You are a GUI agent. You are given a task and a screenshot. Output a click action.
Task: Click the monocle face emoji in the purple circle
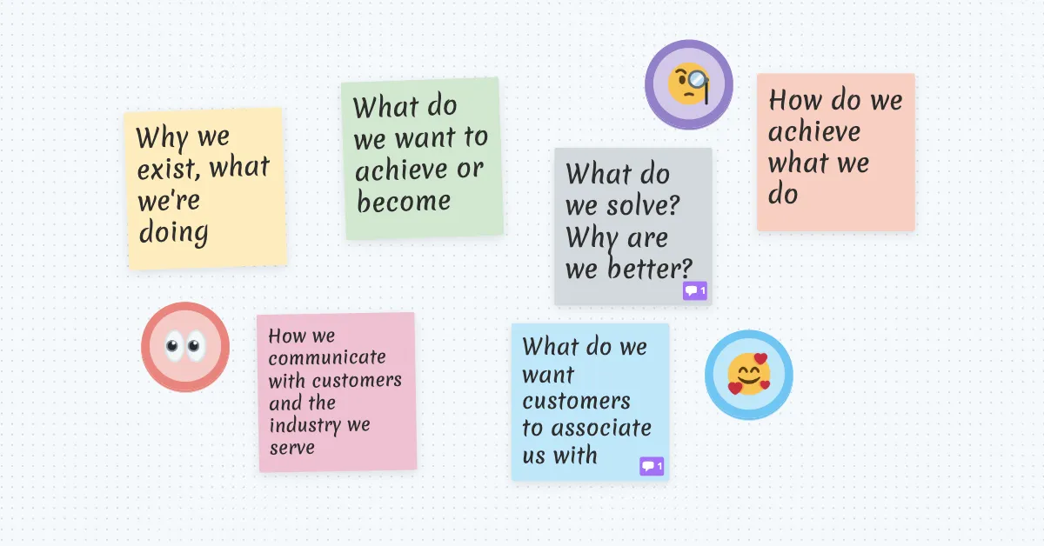(689, 84)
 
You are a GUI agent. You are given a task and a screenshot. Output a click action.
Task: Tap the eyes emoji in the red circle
(185, 347)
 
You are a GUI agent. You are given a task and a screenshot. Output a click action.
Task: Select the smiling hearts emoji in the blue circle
(749, 374)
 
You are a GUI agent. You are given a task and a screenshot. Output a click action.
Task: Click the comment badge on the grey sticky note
(694, 290)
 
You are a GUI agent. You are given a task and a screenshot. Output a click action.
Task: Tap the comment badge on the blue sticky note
(652, 467)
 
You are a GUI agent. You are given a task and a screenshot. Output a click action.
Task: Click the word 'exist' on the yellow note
(167, 169)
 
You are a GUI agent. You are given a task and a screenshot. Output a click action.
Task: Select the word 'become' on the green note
(404, 202)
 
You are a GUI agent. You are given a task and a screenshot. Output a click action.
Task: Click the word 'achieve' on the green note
(401, 170)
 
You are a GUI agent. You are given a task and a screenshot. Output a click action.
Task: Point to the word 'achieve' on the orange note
(813, 132)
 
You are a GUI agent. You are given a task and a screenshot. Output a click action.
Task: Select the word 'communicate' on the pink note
(327, 357)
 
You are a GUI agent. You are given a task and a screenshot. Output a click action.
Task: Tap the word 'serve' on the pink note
(291, 448)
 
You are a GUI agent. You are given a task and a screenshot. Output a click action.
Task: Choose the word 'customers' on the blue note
(576, 402)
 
